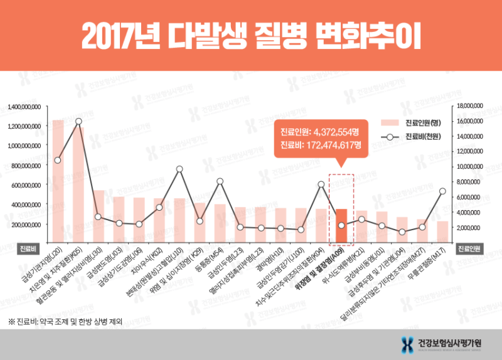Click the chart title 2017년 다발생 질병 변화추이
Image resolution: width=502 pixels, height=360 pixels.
click(x=250, y=36)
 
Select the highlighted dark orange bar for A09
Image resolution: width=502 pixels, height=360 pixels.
click(x=341, y=226)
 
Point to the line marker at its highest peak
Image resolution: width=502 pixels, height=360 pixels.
click(x=78, y=121)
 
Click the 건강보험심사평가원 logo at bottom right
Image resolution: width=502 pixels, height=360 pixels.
click(x=441, y=343)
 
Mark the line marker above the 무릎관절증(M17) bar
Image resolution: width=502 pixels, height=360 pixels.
click(x=442, y=191)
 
